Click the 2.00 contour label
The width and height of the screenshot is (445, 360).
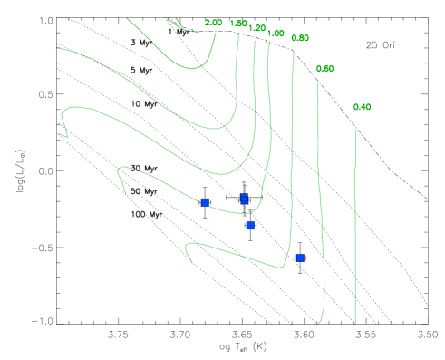214,23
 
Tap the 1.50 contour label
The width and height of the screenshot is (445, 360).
238,24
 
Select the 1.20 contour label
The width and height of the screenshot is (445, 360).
256,29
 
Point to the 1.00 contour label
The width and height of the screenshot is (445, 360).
276,34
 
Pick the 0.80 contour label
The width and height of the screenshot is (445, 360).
300,38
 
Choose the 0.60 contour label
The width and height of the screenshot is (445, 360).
324,69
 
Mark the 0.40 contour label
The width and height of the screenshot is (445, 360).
362,107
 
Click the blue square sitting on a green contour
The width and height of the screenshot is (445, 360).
205,202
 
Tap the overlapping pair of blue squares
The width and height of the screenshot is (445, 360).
244,199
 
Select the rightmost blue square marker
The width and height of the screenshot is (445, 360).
300,258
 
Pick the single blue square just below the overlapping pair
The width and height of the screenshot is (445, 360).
250,225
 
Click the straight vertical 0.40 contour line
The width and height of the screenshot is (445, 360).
355,227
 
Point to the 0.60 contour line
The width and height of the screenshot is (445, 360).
320,181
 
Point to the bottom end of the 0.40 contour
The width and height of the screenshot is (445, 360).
355,322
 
